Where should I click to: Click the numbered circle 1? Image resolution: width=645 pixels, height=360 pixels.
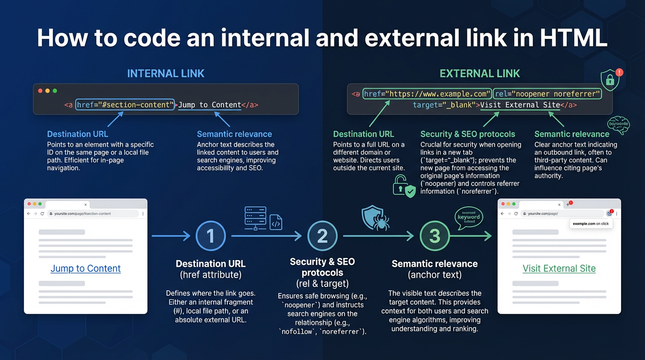click(x=210, y=236)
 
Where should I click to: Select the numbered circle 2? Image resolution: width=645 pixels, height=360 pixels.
click(x=322, y=236)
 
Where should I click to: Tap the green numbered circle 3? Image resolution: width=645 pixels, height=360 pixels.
click(x=435, y=236)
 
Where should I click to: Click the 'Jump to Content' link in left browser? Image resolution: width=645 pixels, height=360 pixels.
click(x=86, y=269)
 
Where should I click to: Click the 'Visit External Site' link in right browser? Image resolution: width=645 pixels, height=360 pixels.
click(x=559, y=269)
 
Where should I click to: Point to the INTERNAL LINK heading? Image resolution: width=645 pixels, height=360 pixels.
click(x=166, y=74)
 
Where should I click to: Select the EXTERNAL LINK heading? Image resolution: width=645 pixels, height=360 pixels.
click(x=480, y=74)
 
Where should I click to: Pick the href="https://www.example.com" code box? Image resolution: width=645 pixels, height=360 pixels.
click(x=427, y=94)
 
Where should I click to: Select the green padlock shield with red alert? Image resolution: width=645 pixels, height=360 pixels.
click(x=611, y=80)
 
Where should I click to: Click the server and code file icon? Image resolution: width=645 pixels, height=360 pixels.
click(x=262, y=218)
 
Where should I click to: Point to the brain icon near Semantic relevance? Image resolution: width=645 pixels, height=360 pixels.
click(x=618, y=125)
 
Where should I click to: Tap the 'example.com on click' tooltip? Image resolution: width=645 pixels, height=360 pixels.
click(x=591, y=224)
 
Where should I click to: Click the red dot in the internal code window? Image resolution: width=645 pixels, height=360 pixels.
click(x=40, y=90)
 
